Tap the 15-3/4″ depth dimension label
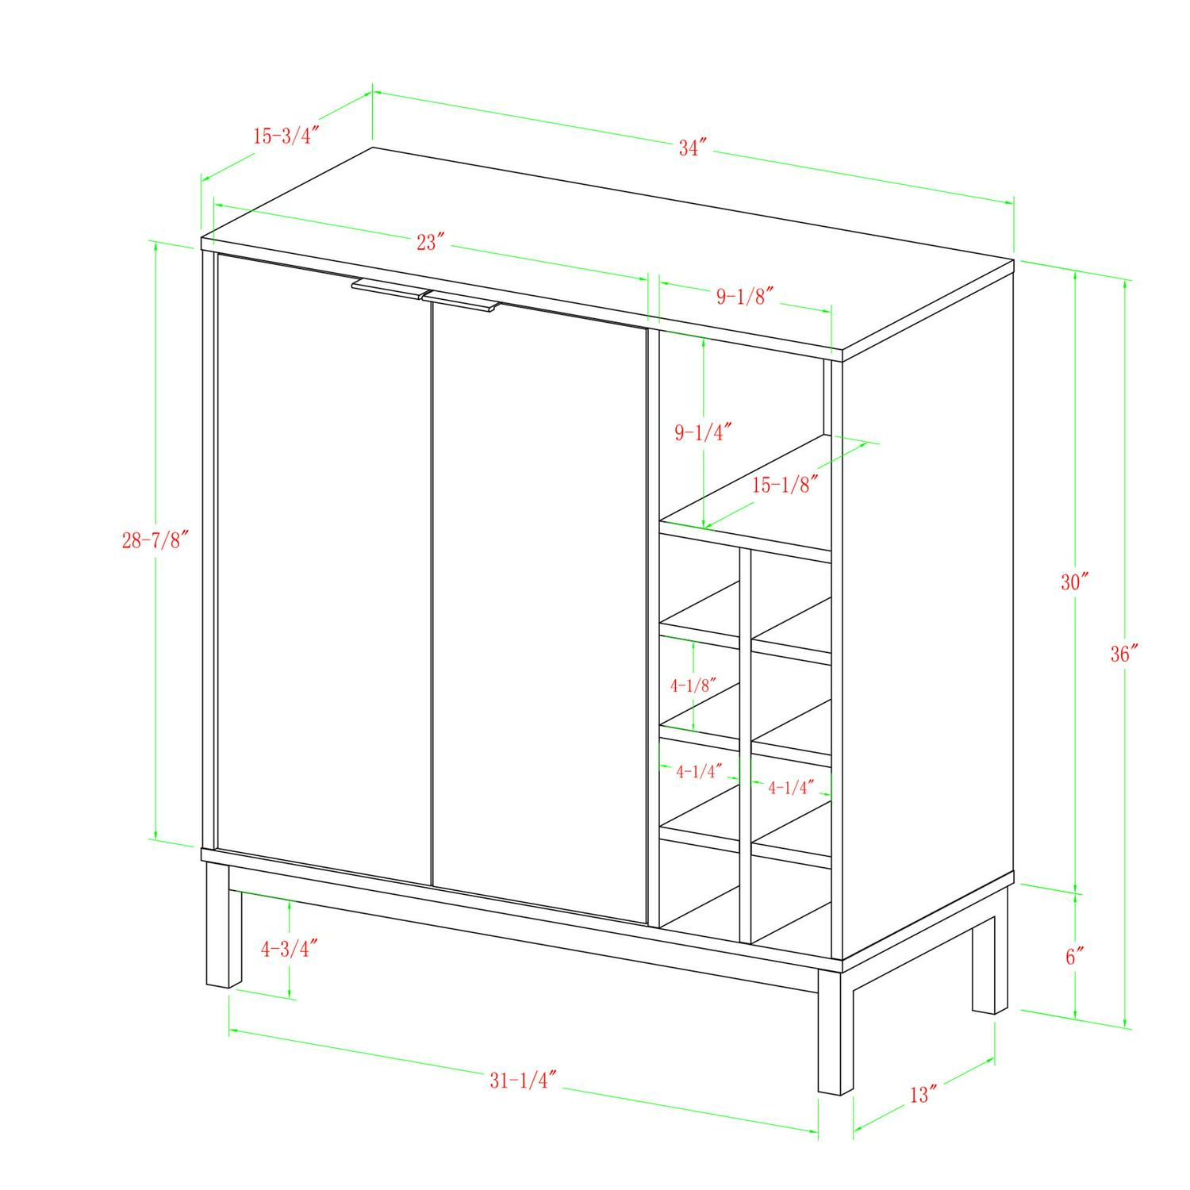click(286, 136)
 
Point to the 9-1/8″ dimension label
click(745, 297)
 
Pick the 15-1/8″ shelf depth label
click(785, 485)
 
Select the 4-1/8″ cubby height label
click(693, 685)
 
